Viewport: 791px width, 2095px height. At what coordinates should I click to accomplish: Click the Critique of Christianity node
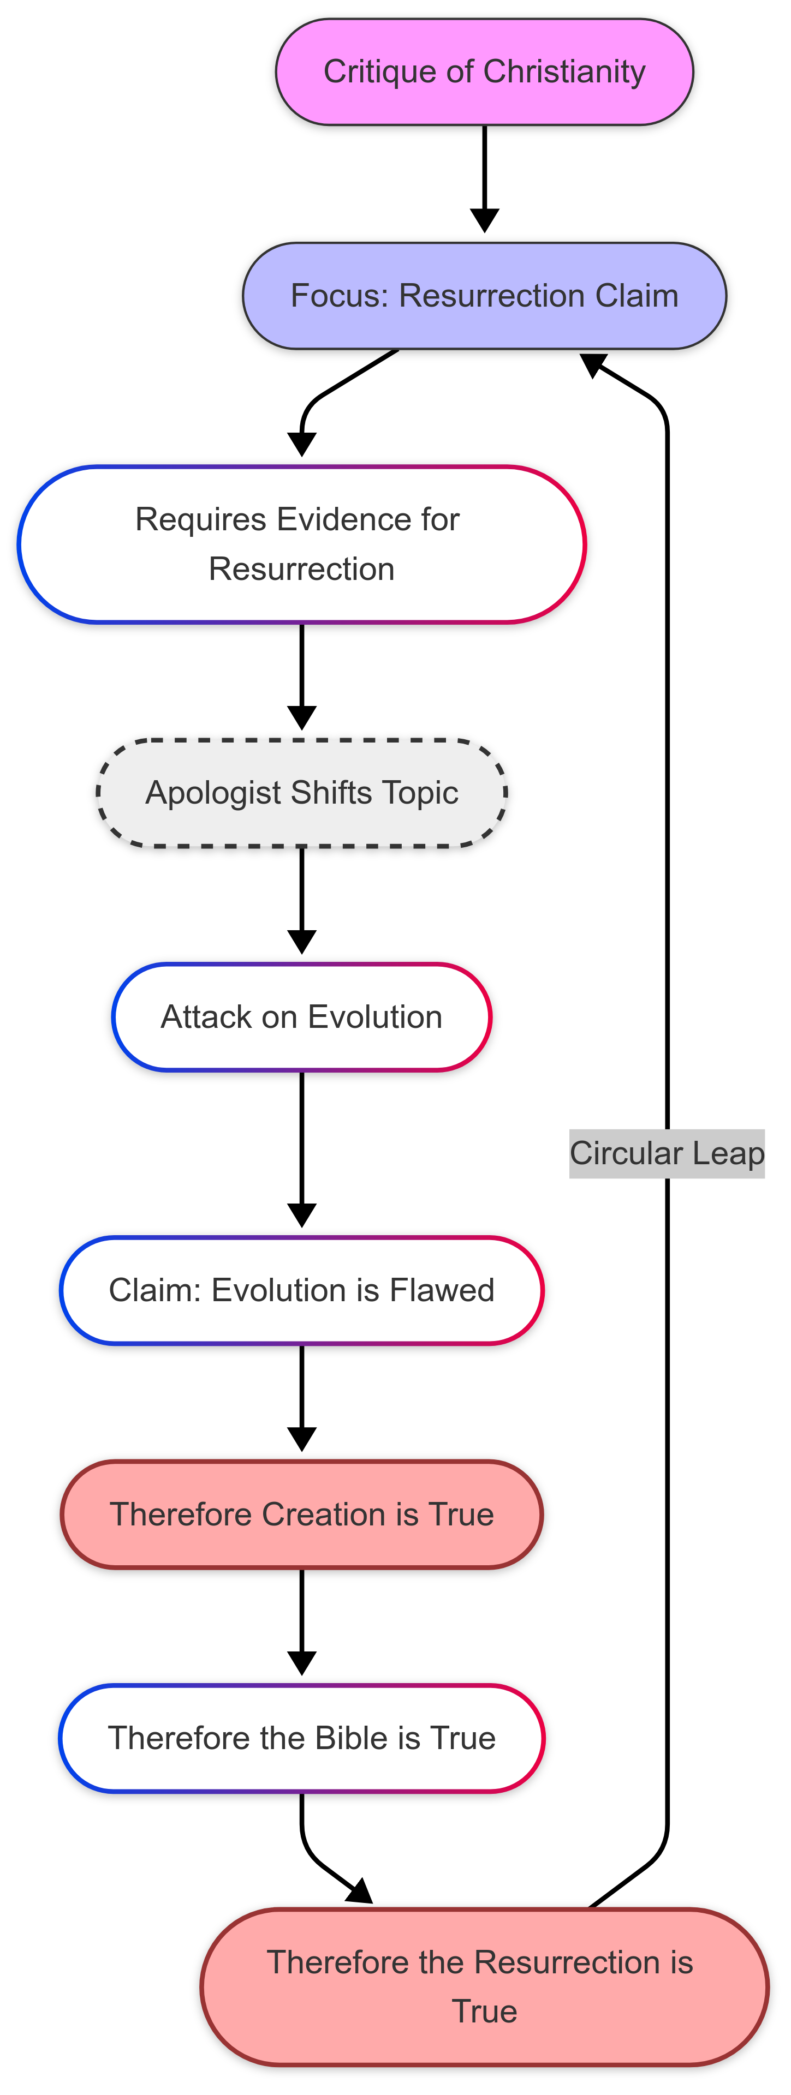tap(484, 71)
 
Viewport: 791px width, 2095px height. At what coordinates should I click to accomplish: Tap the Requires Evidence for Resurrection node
tap(301, 544)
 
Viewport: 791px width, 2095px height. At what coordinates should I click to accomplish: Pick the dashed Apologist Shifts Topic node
tap(301, 793)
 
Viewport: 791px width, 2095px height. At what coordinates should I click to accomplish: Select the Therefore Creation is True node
tap(301, 1515)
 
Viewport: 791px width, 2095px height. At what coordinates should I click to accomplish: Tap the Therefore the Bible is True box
tap(301, 1738)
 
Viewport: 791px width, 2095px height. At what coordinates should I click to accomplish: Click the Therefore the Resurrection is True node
tap(484, 1987)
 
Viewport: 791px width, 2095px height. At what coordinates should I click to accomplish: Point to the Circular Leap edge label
tap(667, 1153)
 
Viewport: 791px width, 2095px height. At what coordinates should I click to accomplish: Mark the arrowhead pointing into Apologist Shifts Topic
tap(302, 718)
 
